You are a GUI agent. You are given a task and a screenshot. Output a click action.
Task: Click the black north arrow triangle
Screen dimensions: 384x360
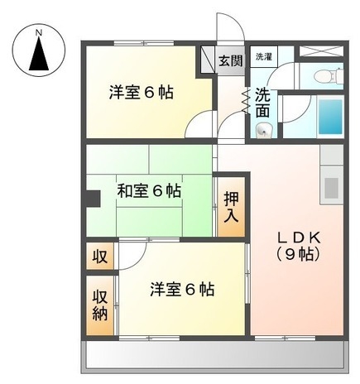click(x=38, y=56)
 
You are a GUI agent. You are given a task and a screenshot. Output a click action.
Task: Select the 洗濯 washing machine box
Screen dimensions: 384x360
click(x=263, y=57)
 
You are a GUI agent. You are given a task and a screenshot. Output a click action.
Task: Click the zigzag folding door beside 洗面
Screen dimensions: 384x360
click(x=246, y=100)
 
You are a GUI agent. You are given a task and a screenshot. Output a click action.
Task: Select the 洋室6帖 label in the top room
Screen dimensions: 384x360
click(x=141, y=92)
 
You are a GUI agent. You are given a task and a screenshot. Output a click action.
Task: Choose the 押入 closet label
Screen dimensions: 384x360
click(x=231, y=207)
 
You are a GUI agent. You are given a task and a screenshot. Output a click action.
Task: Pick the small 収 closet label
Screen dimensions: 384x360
click(x=99, y=257)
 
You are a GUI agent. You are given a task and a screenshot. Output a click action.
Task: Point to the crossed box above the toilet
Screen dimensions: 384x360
click(x=319, y=50)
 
